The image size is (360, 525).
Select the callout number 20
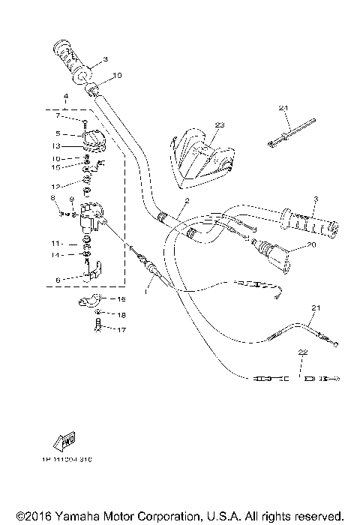[312, 244]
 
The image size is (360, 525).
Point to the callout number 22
[301, 352]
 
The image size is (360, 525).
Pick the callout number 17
[121, 328]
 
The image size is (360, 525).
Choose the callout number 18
[121, 314]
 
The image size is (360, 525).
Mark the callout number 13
[56, 145]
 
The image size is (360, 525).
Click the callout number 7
[56, 115]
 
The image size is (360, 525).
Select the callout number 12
[56, 184]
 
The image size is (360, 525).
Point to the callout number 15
[56, 167]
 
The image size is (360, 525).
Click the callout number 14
[56, 256]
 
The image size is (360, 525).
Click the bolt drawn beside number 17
[98, 325]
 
